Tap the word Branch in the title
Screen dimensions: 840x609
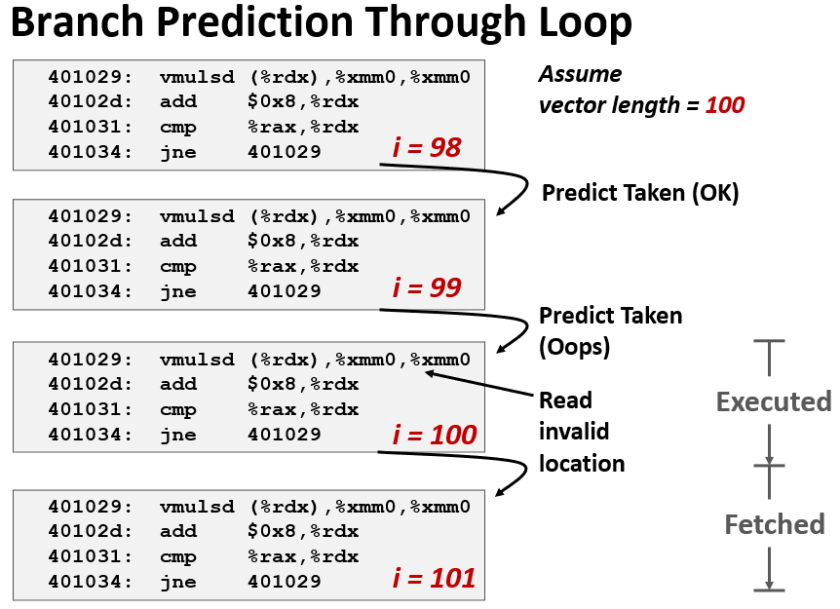[x=78, y=21]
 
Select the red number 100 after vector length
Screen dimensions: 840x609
[x=725, y=105]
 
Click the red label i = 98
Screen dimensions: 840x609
[x=427, y=147]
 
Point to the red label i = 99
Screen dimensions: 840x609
[x=427, y=287]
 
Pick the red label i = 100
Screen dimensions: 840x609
[x=435, y=435]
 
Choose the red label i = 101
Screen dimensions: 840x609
[x=434, y=579]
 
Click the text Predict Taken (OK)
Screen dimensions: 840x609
[x=640, y=193]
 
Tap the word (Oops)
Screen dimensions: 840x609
[x=574, y=347]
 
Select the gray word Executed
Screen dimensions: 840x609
[x=774, y=401]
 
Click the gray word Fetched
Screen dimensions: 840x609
[x=775, y=524]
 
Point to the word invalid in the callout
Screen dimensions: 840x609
[x=574, y=432]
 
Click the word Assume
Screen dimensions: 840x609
[x=580, y=74]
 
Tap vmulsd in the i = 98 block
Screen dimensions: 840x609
[x=197, y=77]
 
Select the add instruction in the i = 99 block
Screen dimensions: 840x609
[x=178, y=241]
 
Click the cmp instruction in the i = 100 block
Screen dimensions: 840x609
[x=178, y=410]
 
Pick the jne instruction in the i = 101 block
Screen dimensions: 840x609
[x=178, y=582]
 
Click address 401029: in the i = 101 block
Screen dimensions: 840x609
[x=90, y=506]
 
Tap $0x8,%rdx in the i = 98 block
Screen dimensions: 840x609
[x=303, y=101]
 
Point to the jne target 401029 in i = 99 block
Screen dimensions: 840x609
[x=285, y=290]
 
